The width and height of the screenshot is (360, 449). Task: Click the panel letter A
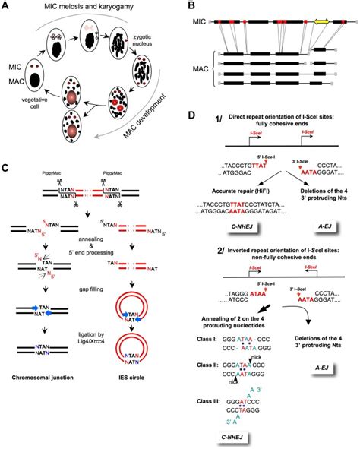coord(6,5)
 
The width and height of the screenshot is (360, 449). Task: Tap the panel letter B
coord(188,6)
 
